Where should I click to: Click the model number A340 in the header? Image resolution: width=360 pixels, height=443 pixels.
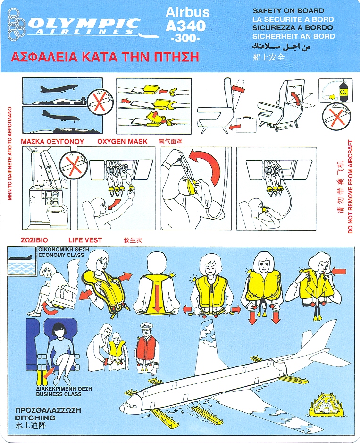(186, 26)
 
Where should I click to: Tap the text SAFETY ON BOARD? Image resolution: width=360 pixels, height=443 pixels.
(288, 11)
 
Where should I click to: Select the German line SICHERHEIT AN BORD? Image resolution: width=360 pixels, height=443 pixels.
(293, 36)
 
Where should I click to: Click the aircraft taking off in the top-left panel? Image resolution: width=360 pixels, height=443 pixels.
(59, 88)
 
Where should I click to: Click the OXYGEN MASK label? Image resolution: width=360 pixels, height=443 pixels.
(122, 141)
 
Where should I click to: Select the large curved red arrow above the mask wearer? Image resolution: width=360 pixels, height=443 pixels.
(205, 166)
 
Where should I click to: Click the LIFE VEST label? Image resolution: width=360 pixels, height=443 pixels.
(85, 240)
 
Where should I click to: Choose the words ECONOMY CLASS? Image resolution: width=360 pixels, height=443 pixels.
(61, 255)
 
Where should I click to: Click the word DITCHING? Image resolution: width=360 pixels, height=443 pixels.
(35, 417)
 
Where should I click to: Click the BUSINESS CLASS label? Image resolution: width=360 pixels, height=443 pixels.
(59, 394)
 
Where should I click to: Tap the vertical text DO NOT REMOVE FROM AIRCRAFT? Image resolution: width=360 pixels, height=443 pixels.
(351, 187)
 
